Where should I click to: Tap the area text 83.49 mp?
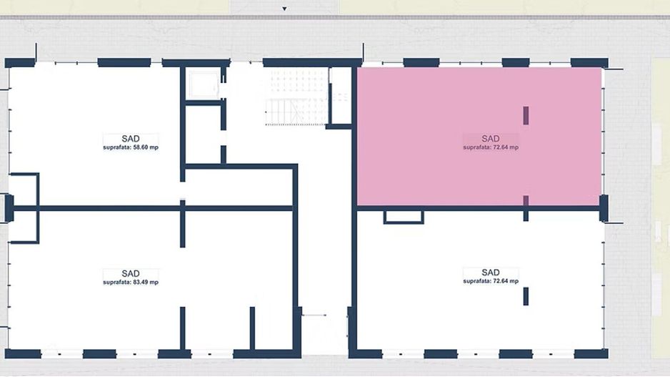(131, 283)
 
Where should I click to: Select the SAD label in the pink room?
(491, 139)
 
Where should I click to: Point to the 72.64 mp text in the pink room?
(491, 147)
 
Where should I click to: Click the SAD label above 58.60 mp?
(131, 139)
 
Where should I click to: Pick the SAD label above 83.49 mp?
(131, 273)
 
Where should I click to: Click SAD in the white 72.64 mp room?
(491, 273)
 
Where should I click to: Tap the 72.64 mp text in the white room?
(491, 282)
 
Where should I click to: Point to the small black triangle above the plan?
(284, 9)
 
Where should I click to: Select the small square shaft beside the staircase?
(204, 84)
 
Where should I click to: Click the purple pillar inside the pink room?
(526, 115)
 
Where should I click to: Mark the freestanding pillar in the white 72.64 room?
(526, 296)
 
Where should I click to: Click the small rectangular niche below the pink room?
(404, 216)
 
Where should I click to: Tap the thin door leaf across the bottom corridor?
(314, 315)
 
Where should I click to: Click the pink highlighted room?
(429, 172)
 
